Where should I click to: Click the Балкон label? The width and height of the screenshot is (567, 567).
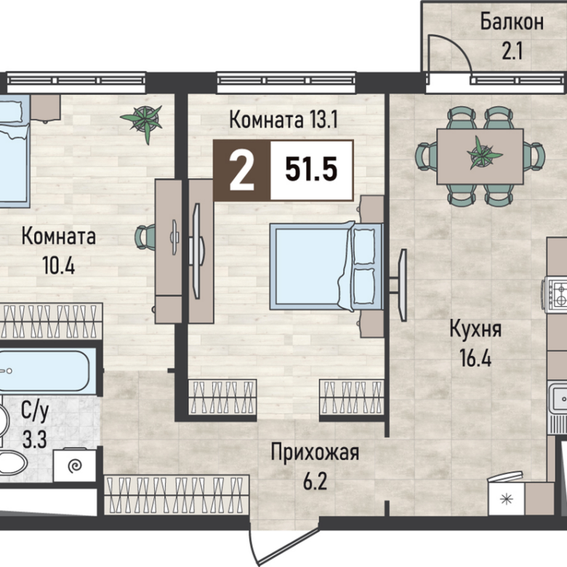point(512,22)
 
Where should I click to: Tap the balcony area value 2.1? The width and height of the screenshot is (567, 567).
point(512,51)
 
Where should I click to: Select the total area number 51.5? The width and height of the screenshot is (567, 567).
point(311,169)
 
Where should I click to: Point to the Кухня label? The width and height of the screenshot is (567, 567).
point(475,330)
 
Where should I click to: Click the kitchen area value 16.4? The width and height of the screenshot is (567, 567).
point(475,358)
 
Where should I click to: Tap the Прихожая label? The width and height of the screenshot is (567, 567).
point(315,452)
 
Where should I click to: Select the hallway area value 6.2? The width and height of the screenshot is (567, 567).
point(315,481)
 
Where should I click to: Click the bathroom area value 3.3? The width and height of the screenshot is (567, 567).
point(35,440)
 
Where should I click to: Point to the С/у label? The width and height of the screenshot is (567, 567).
point(35,412)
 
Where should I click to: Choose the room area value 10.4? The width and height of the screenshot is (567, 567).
point(59,265)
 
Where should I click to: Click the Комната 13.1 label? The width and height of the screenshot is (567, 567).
point(283,120)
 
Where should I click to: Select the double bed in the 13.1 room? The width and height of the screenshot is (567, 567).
point(326,267)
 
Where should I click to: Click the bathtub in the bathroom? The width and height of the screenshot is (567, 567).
point(45,371)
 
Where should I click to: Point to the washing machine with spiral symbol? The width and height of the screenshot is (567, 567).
point(74,465)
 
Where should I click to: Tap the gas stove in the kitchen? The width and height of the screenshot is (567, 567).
point(555,294)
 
